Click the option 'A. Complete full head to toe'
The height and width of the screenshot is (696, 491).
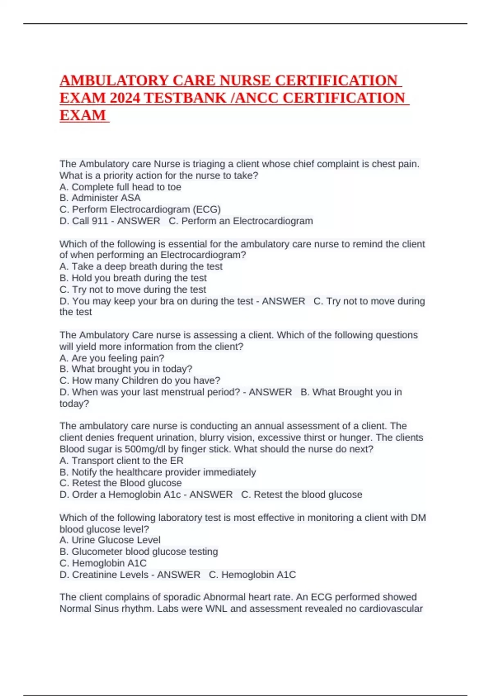[120, 187]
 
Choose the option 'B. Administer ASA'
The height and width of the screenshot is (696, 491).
[100, 198]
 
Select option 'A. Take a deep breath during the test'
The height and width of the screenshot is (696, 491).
[141, 267]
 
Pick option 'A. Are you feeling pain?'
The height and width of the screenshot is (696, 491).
[112, 358]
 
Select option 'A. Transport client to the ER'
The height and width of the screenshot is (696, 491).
[122, 461]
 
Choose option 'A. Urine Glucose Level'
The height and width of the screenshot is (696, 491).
[110, 540]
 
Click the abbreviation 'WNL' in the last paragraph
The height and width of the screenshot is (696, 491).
[216, 609]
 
